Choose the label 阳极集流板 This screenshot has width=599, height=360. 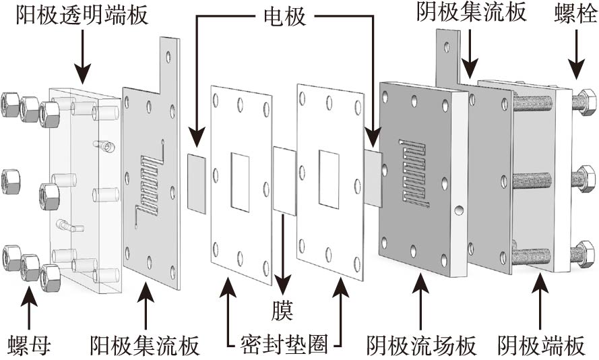point(145,346)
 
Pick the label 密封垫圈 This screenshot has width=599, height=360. point(284,346)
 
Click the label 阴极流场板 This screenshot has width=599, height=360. point(421,346)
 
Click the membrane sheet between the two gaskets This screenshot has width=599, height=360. point(284,181)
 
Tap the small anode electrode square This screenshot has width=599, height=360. point(197,182)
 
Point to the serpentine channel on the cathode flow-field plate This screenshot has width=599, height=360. point(413,172)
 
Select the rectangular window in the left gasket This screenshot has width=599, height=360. point(240,180)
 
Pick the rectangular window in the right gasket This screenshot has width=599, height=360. point(328,179)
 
